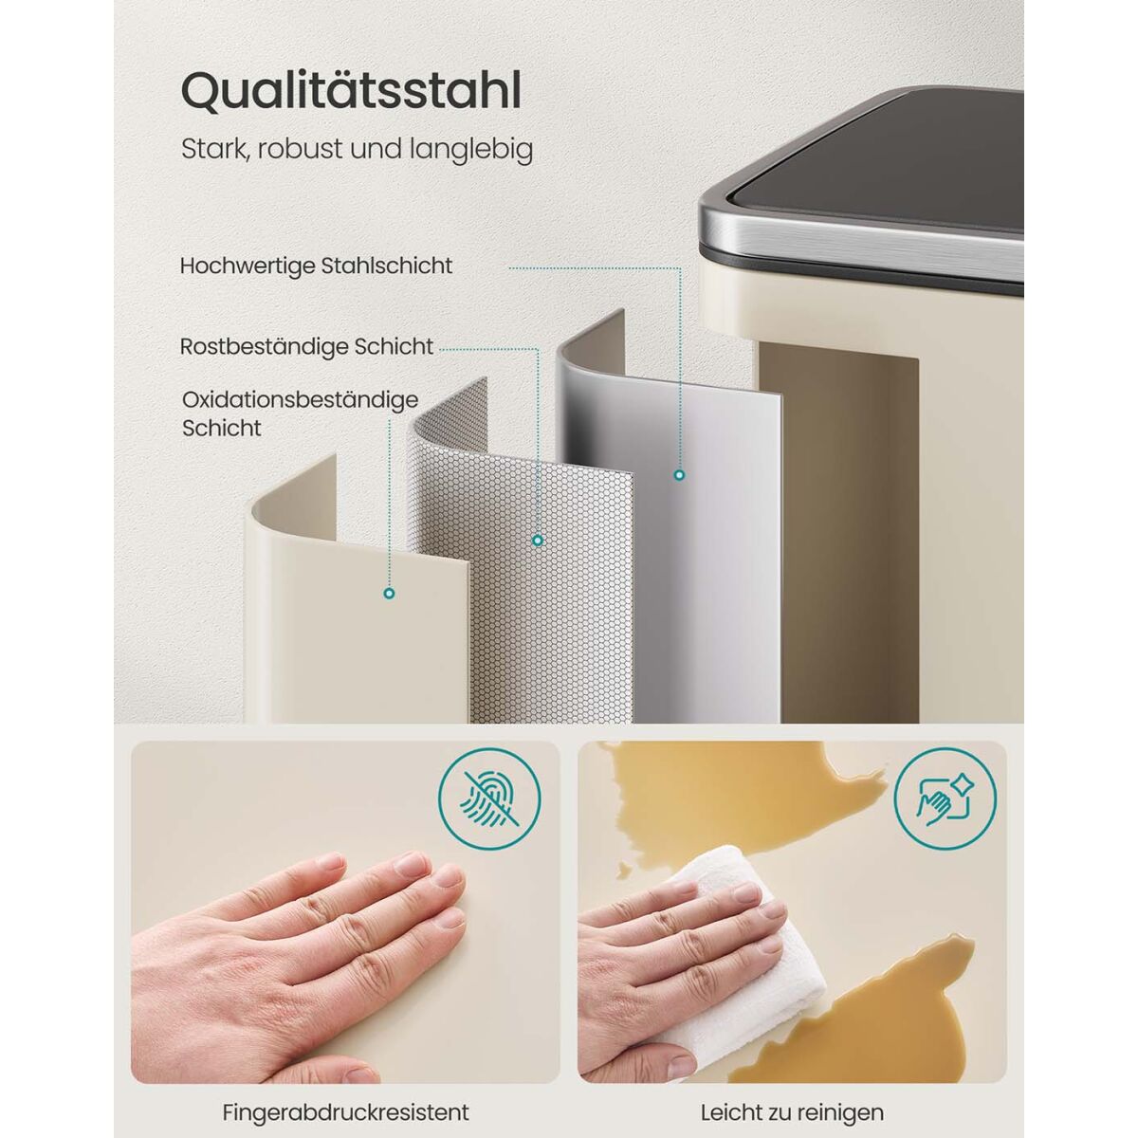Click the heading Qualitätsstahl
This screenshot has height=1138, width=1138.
point(351,93)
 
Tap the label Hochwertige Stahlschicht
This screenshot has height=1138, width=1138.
point(316,266)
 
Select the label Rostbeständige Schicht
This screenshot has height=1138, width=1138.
point(306,347)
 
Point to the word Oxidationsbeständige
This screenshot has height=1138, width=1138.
point(300,400)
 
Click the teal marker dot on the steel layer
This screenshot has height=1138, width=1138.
point(680,474)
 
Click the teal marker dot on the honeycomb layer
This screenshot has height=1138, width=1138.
point(538,540)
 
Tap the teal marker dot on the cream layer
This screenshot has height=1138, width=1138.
point(389,594)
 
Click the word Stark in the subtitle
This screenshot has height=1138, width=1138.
point(210,150)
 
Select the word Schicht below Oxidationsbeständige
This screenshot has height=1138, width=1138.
point(222,428)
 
